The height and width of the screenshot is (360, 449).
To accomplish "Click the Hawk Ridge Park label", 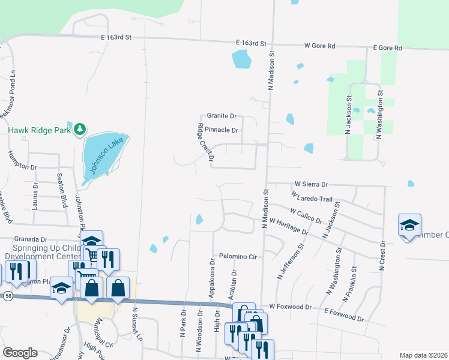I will click(39, 129).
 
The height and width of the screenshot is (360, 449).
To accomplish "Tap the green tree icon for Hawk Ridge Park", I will click(79, 129).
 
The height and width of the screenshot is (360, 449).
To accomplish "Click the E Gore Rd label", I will click(387, 47).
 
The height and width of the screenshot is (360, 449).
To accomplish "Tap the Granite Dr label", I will click(221, 115).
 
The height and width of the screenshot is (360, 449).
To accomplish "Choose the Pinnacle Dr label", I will click(221, 130).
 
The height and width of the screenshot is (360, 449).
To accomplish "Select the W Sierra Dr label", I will click(311, 184).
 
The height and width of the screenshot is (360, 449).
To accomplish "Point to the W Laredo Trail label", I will click(310, 197).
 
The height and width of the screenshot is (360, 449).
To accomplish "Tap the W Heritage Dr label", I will click(289, 226).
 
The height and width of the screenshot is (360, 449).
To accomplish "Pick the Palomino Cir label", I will click(237, 256).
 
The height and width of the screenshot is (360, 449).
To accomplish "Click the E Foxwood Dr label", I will click(344, 314).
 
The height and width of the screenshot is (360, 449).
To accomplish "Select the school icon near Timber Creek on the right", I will click(409, 226).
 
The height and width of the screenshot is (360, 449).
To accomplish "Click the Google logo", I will click(20, 353).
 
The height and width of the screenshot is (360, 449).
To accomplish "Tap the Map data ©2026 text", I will click(423, 355).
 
